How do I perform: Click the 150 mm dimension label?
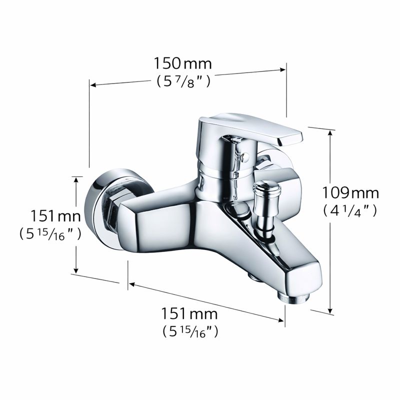tap(182, 64)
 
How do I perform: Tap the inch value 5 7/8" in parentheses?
tap(183, 81)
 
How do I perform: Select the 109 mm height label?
tap(350, 192)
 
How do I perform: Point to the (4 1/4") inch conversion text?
tap(350, 210)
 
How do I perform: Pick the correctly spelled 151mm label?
tap(189, 314)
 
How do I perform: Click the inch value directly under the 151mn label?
tap(50, 233)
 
